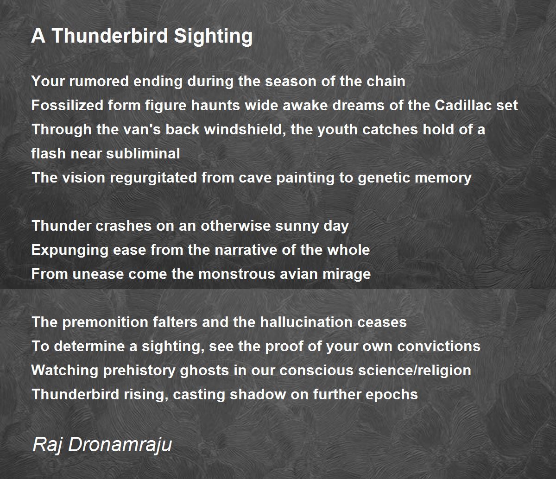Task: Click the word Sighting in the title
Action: pyautogui.click(x=213, y=36)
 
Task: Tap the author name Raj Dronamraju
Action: pyautogui.click(x=102, y=445)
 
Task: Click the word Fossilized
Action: pyautogui.click(x=67, y=105)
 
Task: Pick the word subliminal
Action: pyautogui.click(x=143, y=154)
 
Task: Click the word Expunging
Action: pyautogui.click(x=70, y=251)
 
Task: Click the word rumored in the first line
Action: pyautogui.click(x=99, y=81)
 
